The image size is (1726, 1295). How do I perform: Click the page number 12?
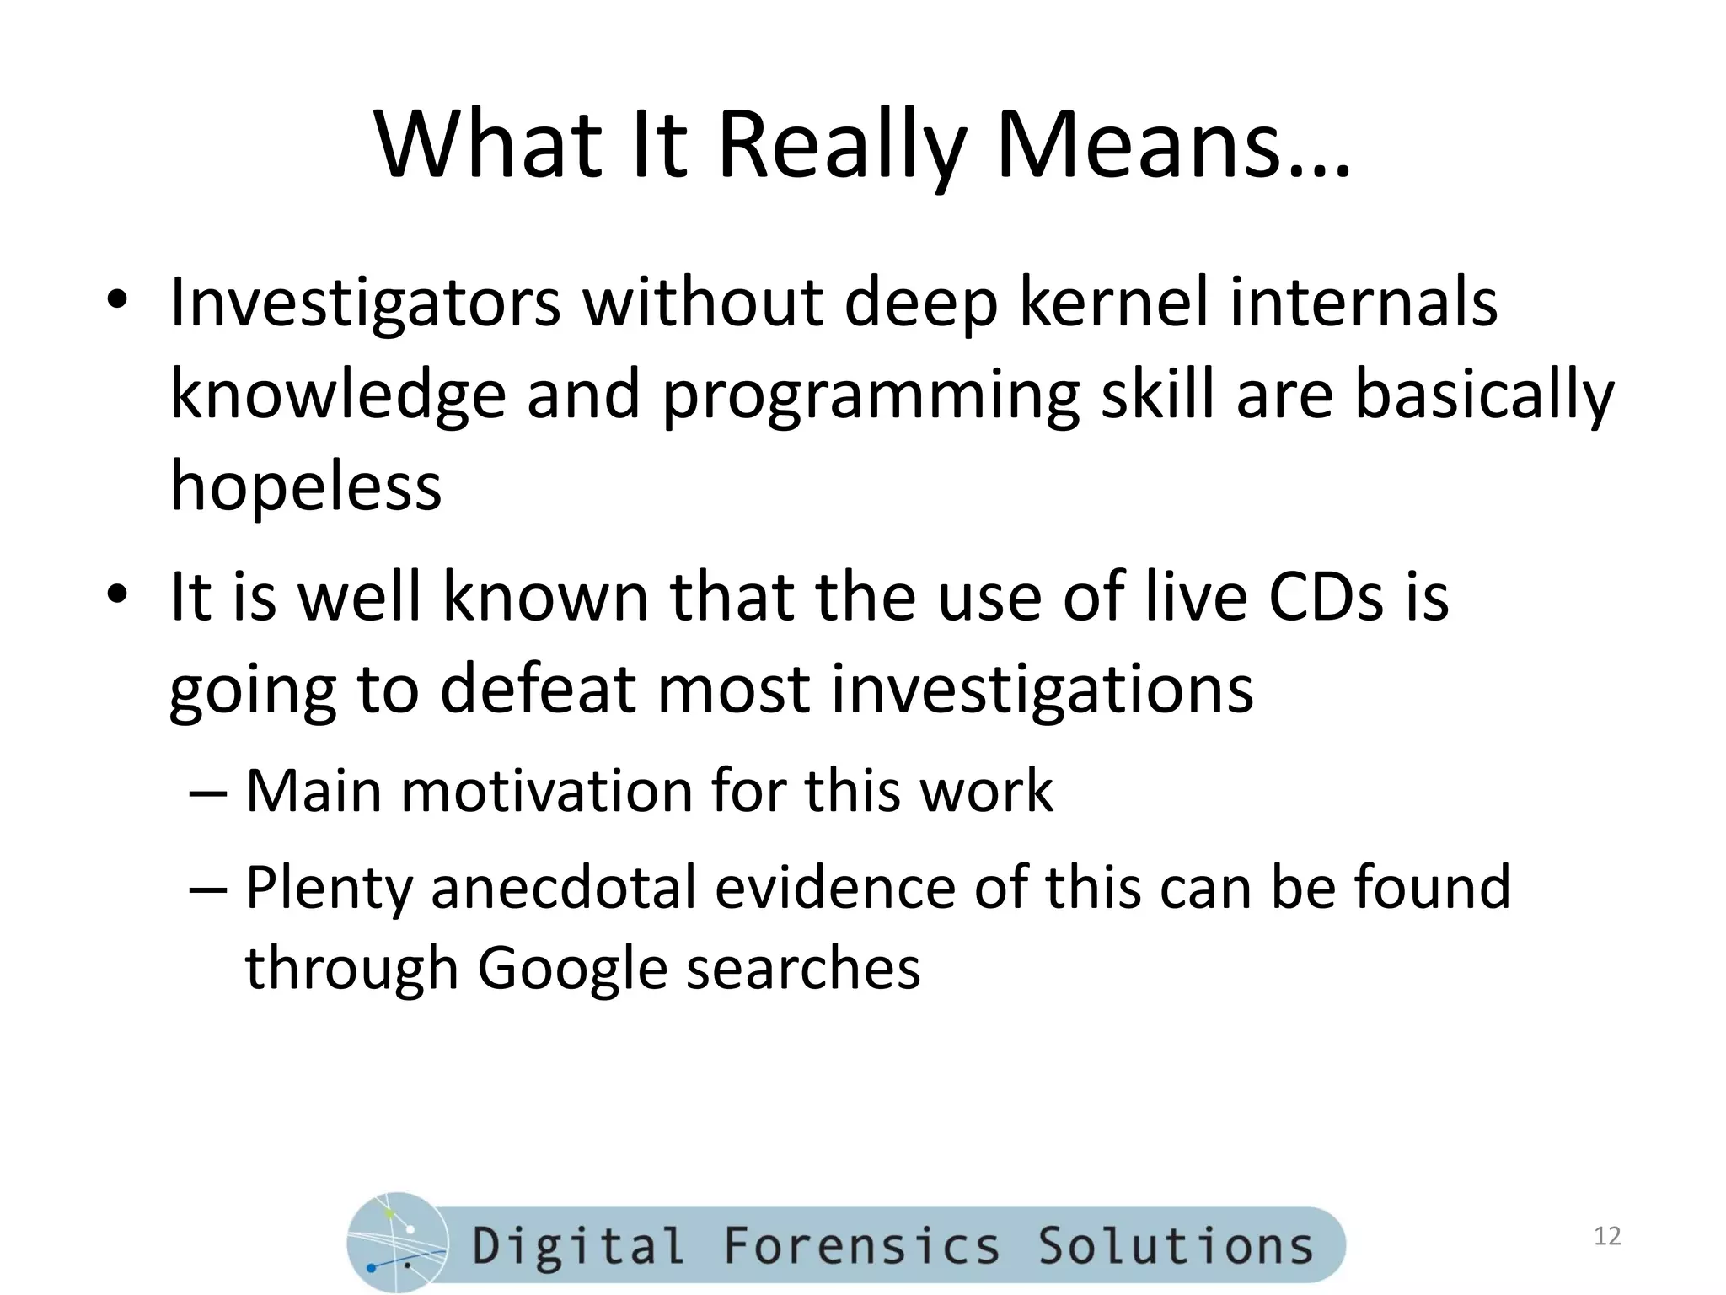click(x=1607, y=1236)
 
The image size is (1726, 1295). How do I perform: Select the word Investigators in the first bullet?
click(x=365, y=304)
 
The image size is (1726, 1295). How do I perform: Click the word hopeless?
click(x=306, y=486)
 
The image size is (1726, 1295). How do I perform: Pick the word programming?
click(x=871, y=396)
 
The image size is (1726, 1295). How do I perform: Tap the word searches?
click(x=803, y=968)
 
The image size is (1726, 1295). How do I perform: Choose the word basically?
click(x=1484, y=396)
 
